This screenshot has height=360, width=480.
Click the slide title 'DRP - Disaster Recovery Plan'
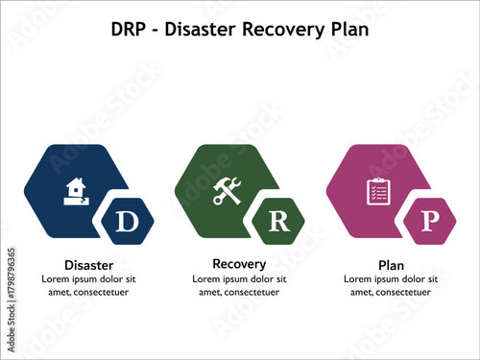[240, 29]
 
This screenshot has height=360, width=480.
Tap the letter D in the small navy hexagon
[127, 222]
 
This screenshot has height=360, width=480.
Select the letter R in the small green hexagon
[277, 222]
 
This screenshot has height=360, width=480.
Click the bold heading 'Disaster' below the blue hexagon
[88, 265]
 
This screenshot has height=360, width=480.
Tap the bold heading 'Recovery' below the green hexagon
[239, 263]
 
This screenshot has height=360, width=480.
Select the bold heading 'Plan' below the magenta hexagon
[391, 265]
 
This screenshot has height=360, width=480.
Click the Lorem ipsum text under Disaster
[88, 285]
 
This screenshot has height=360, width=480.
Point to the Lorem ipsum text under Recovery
[239, 285]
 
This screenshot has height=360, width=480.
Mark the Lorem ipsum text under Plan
[391, 285]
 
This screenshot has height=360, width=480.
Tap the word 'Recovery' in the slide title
[278, 29]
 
